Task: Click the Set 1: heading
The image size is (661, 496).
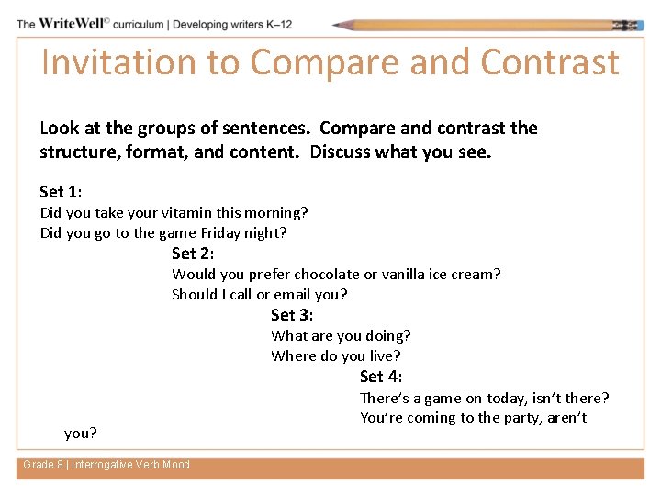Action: point(61,192)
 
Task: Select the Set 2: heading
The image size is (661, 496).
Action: point(193,254)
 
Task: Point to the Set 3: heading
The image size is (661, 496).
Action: point(292,315)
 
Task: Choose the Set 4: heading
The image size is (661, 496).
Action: point(381,377)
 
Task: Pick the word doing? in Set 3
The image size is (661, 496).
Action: point(388,336)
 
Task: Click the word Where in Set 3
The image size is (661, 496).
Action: point(293,356)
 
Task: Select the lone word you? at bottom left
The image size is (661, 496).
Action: point(81,433)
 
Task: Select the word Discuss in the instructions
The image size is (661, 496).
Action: point(342,152)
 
